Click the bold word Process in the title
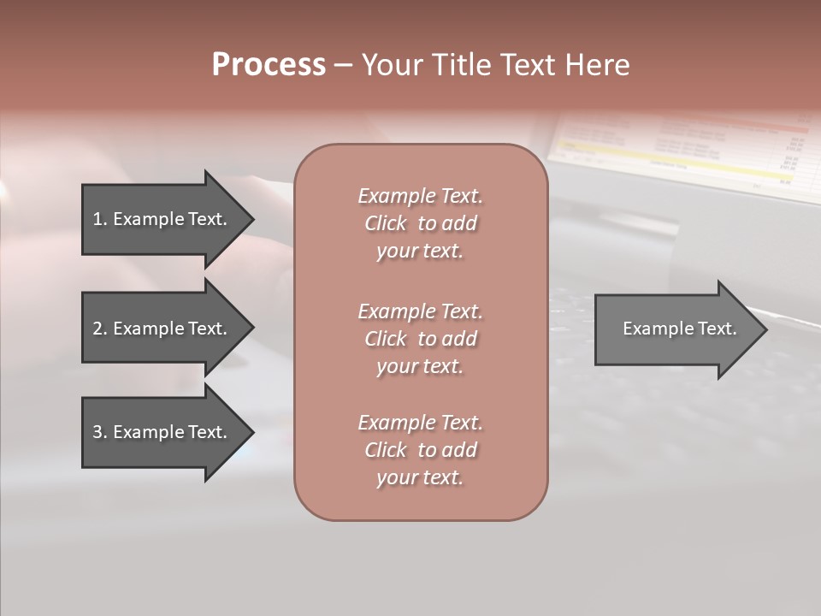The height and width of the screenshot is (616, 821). pos(269,65)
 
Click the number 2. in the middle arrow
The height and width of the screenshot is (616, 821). pos(99,329)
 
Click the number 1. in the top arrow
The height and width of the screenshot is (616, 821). pos(99,219)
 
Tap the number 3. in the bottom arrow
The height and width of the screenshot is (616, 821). pos(99,432)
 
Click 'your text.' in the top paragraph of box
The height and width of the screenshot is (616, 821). pos(420,252)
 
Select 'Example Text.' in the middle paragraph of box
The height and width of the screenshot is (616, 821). pos(420,311)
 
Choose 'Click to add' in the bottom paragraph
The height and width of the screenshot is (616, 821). pos(420,450)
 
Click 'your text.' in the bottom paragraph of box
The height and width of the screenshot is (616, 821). pos(420,478)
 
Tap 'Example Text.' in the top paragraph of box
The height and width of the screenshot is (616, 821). pos(420,196)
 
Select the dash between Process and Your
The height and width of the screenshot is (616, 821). pos(343,66)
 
